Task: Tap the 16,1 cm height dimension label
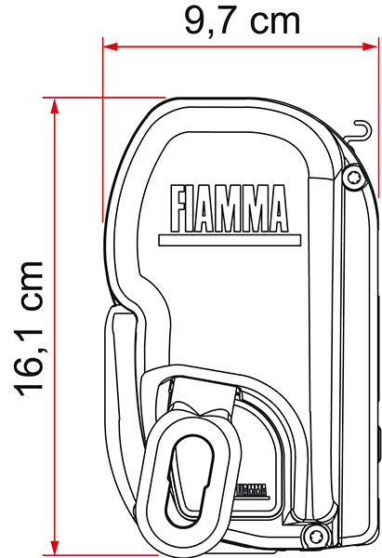pyautogui.click(x=30, y=327)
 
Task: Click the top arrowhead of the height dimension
pyautogui.click(x=57, y=103)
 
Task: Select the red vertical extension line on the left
pyautogui.click(x=103, y=130)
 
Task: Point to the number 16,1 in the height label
pyautogui.click(x=30, y=358)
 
